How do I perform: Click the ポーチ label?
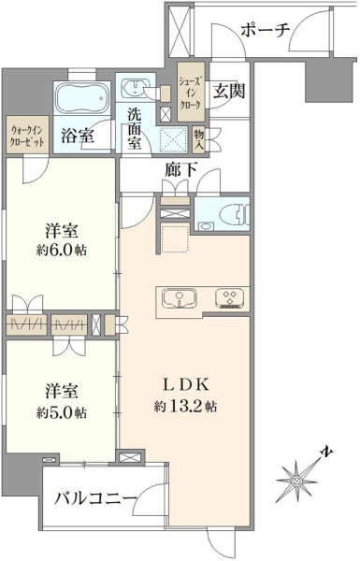[x=266, y=31]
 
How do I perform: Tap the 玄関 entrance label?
[x=229, y=91]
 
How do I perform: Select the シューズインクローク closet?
[x=192, y=92]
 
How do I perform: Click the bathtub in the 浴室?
[x=81, y=93]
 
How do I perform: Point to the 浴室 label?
[x=78, y=136]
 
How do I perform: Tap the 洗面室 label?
[x=136, y=129]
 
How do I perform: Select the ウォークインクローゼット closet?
[x=27, y=135]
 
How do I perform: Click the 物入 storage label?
[x=199, y=140]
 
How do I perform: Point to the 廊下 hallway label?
[x=180, y=170]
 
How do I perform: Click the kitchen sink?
[x=179, y=298]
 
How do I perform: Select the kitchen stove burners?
[x=229, y=298]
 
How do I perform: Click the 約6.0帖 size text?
[x=62, y=250]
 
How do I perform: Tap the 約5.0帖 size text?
[x=62, y=413]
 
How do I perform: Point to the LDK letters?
[x=185, y=385]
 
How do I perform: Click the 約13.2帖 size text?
[x=185, y=407]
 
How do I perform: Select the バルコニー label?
[x=95, y=498]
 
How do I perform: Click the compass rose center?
[x=296, y=482]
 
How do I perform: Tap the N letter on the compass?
[x=325, y=452]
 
